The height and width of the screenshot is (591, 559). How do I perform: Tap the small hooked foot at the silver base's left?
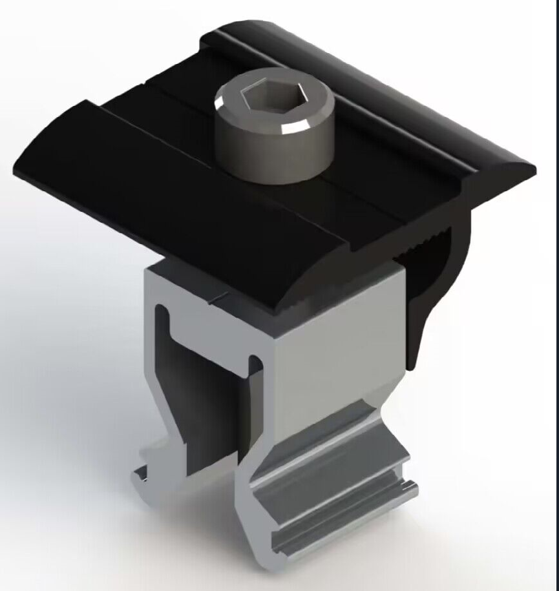(143, 477)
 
